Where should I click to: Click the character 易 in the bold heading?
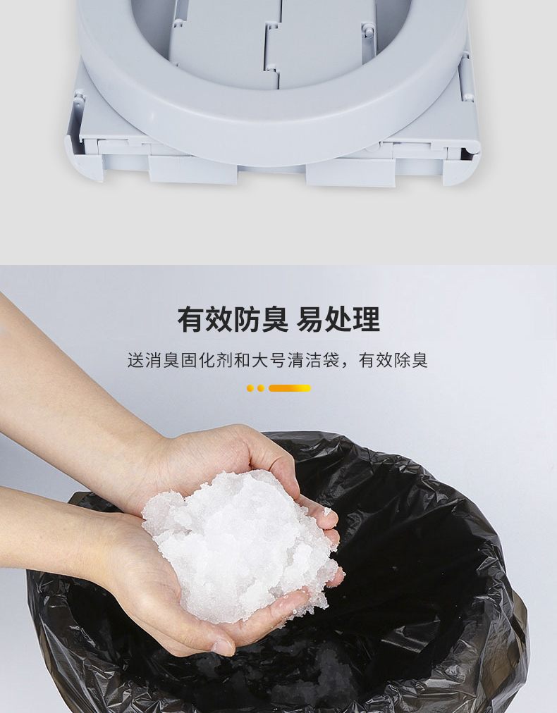[x=310, y=320]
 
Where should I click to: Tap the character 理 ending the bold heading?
[x=367, y=320]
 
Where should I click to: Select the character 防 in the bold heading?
[x=246, y=320]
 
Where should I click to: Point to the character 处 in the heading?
[x=338, y=320]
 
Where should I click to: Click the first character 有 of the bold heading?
[x=190, y=320]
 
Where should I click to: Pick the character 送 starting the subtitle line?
[x=135, y=360]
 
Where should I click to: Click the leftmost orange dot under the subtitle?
[x=250, y=388]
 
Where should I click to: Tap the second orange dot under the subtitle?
[x=261, y=388]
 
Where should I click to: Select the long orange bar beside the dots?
[x=290, y=388]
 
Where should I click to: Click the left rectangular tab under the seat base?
[x=193, y=170]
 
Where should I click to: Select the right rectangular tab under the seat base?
[x=350, y=173]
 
